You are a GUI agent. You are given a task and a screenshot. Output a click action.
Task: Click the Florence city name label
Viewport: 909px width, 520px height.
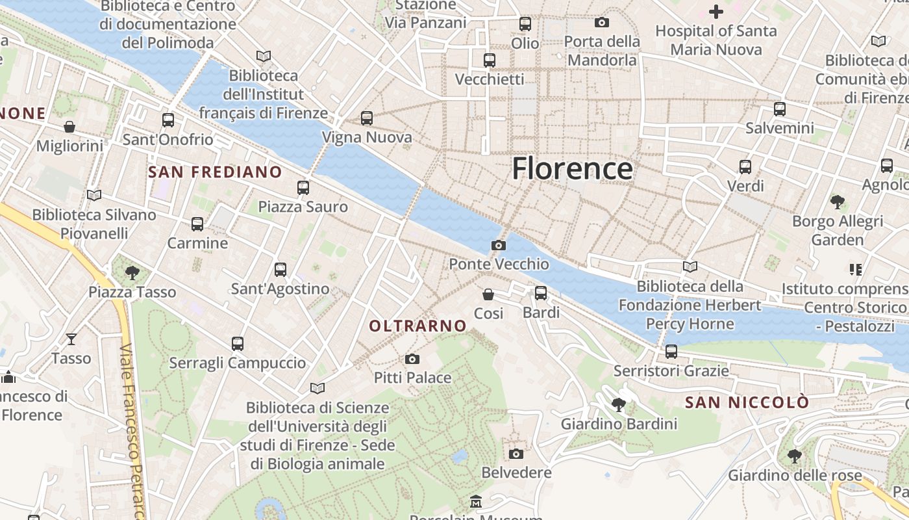pyautogui.click(x=572, y=168)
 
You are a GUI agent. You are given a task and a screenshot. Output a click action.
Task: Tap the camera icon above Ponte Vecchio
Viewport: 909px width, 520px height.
pyautogui.click(x=499, y=245)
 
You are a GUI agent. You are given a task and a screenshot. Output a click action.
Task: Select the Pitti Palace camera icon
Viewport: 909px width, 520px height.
pyautogui.click(x=412, y=359)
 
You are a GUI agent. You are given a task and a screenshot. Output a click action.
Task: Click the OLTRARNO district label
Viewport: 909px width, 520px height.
pyautogui.click(x=418, y=326)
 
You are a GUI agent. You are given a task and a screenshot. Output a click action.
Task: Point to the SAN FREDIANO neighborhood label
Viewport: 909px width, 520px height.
pyautogui.click(x=215, y=172)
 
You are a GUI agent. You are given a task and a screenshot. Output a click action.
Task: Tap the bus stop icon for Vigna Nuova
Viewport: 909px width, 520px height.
pyautogui.click(x=367, y=118)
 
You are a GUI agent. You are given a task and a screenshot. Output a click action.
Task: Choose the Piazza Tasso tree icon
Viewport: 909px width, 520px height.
pyautogui.click(x=132, y=273)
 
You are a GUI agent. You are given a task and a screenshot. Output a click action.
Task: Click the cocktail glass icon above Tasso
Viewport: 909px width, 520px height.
pyautogui.click(x=71, y=339)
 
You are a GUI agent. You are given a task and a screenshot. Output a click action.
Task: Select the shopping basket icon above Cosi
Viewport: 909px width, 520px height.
pyautogui.click(x=488, y=294)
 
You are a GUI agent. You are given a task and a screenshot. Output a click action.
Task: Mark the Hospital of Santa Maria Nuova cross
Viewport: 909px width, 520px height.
pyautogui.click(x=716, y=12)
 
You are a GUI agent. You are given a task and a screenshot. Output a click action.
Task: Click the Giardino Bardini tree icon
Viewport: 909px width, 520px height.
pyautogui.click(x=619, y=405)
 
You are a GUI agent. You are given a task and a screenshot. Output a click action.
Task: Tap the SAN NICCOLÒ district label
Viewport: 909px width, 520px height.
pyautogui.click(x=747, y=402)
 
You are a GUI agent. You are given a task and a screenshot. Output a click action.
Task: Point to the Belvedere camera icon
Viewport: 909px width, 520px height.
pyautogui.click(x=516, y=454)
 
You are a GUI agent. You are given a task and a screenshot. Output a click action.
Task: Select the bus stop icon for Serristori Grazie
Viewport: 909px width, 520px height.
pyautogui.click(x=671, y=352)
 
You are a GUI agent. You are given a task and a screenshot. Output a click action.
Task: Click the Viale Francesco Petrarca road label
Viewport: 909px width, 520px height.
pyautogui.click(x=132, y=429)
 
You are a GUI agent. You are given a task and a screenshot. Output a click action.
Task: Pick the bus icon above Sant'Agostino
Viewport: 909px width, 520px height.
pyautogui.click(x=280, y=270)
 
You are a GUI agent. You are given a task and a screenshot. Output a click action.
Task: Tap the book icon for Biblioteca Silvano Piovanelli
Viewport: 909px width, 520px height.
pyautogui.click(x=94, y=195)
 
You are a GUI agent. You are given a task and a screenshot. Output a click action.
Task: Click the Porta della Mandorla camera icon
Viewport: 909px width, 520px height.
pyautogui.click(x=602, y=23)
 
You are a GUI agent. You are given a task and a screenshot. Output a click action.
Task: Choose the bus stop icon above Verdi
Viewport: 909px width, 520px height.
pyautogui.click(x=745, y=167)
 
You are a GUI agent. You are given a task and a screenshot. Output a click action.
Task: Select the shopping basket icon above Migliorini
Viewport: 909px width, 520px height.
pyautogui.click(x=69, y=127)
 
